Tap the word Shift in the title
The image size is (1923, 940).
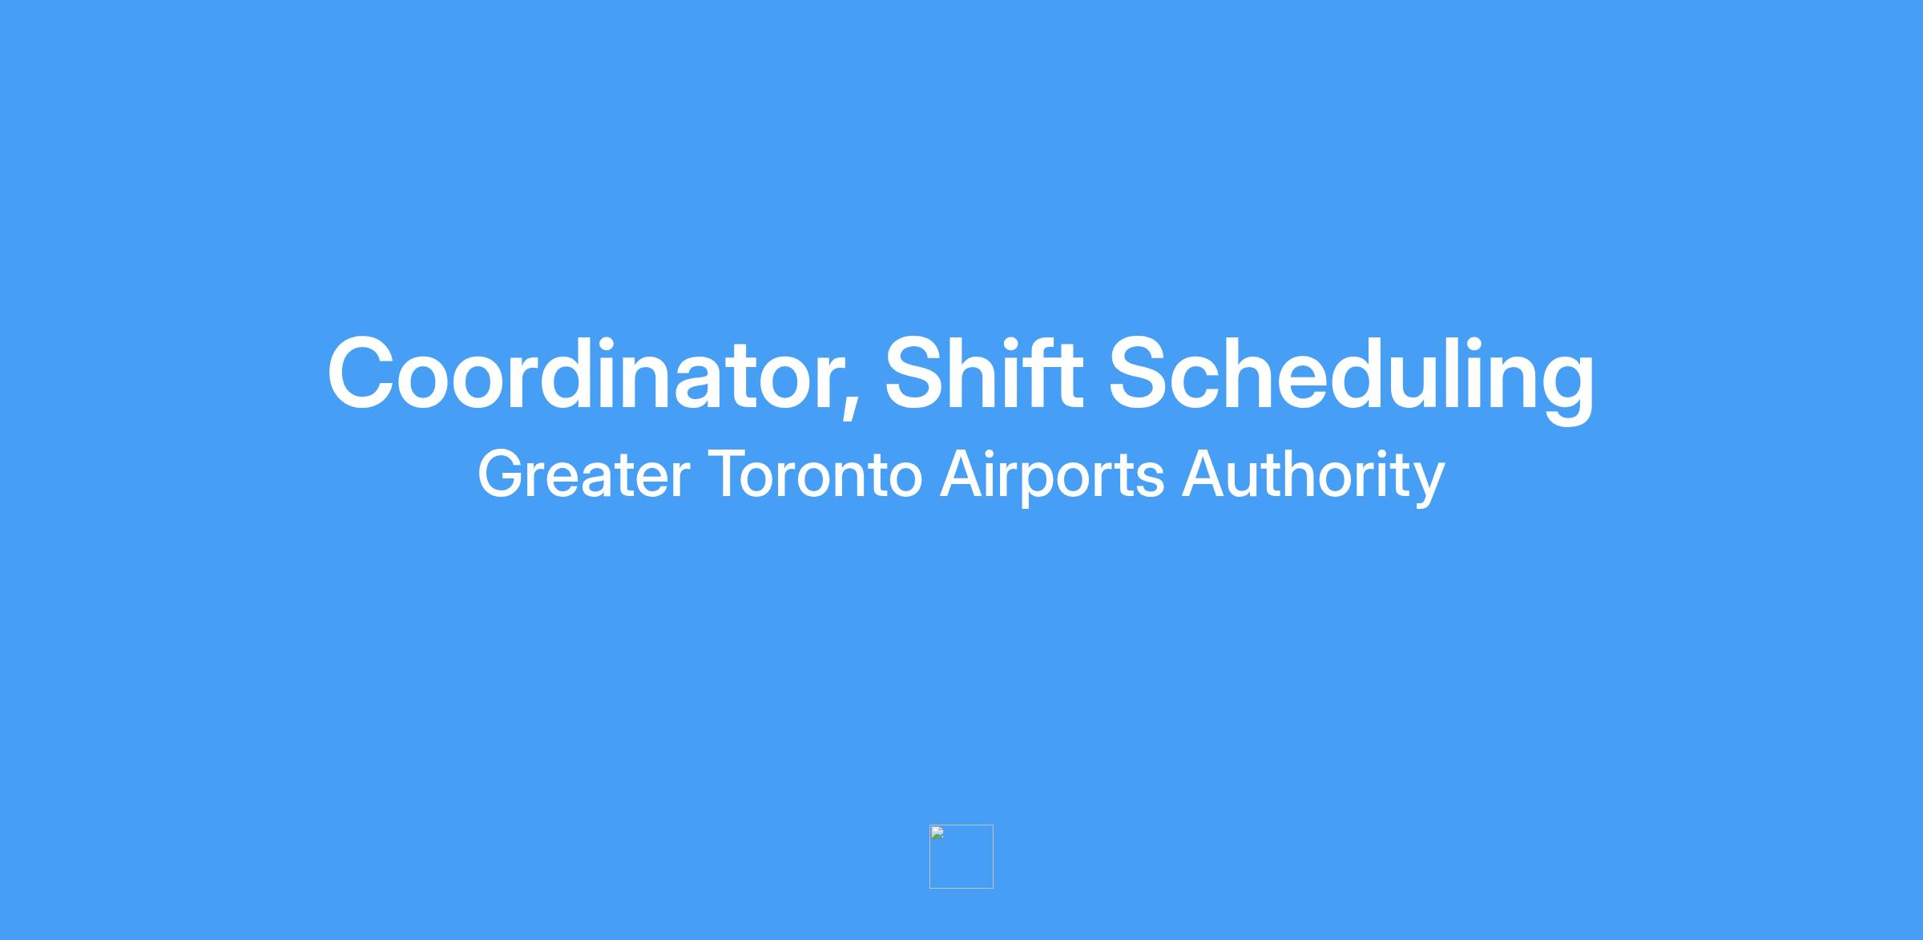click(x=984, y=370)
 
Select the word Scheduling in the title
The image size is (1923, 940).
click(x=1352, y=377)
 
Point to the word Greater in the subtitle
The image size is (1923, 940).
click(x=583, y=474)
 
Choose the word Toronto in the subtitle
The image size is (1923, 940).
click(x=816, y=474)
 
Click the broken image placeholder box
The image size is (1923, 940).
click(x=961, y=857)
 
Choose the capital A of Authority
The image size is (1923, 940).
click(x=1203, y=474)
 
